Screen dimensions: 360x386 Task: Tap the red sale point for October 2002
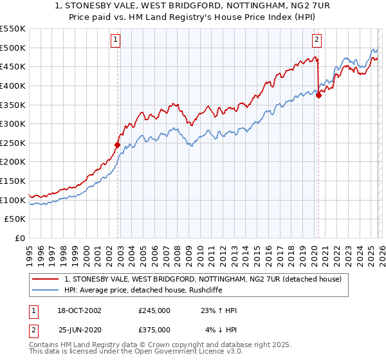118,145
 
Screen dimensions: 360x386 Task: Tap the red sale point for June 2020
318,95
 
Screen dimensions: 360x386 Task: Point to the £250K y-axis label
14,143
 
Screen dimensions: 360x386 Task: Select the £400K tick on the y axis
14,85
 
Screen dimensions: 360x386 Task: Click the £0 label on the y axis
20,238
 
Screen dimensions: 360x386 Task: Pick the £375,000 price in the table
154,330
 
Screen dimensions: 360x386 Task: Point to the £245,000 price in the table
154,310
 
